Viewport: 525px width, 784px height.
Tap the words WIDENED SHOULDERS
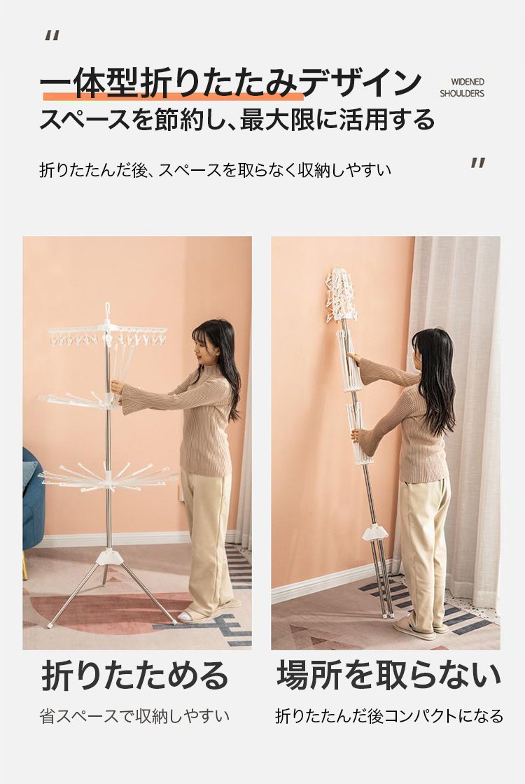(x=462, y=87)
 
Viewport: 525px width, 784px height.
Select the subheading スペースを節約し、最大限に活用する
(x=237, y=119)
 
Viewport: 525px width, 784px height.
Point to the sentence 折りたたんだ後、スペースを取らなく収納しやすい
(x=214, y=171)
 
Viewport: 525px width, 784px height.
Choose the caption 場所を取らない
(x=388, y=675)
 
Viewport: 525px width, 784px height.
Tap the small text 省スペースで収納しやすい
(x=134, y=716)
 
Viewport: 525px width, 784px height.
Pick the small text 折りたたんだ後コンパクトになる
(x=389, y=716)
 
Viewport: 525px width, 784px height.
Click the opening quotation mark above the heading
(x=52, y=36)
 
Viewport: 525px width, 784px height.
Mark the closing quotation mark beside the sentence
(x=478, y=163)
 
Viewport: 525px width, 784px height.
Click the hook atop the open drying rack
(x=107, y=311)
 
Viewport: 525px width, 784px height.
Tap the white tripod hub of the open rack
(x=108, y=556)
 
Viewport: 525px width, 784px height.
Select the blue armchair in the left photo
(x=33, y=505)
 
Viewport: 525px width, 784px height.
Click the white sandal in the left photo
(x=188, y=616)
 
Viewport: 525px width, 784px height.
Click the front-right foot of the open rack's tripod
(x=173, y=622)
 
